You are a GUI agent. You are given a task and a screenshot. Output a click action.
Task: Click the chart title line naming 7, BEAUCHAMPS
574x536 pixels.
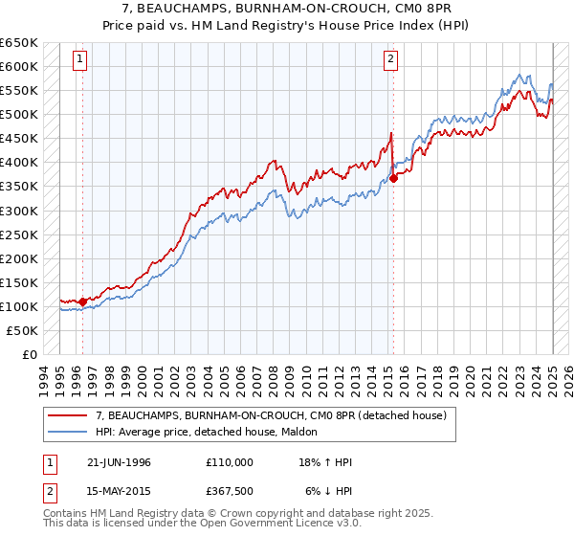286,9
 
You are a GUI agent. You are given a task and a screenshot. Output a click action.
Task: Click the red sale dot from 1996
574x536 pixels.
82,301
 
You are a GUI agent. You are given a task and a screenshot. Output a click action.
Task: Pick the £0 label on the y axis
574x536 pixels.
30,354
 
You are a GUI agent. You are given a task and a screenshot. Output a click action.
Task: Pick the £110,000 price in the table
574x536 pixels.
230,462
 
